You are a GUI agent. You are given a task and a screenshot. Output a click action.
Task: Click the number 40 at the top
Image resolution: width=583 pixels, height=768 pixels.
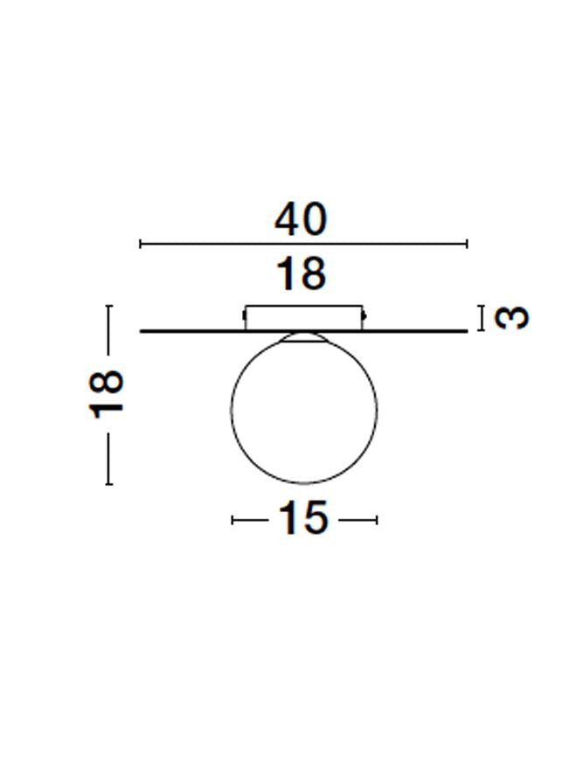coord(301,219)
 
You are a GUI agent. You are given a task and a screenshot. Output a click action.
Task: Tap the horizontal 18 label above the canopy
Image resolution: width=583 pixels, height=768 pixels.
coord(301,273)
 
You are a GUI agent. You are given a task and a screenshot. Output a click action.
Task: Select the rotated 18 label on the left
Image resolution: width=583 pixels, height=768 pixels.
coord(106,394)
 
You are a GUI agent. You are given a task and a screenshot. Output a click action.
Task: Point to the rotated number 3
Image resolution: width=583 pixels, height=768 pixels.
coord(512,318)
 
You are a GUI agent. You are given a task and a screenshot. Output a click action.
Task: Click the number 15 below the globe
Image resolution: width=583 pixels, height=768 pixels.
coord(302,518)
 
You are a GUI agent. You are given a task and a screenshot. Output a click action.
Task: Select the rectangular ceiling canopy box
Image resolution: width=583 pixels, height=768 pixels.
coord(304,317)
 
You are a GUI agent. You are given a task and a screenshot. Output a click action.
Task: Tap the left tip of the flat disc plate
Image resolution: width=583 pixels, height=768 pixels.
coord(141,332)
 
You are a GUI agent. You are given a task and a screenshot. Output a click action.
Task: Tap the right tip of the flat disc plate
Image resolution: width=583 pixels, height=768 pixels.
coord(468,332)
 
